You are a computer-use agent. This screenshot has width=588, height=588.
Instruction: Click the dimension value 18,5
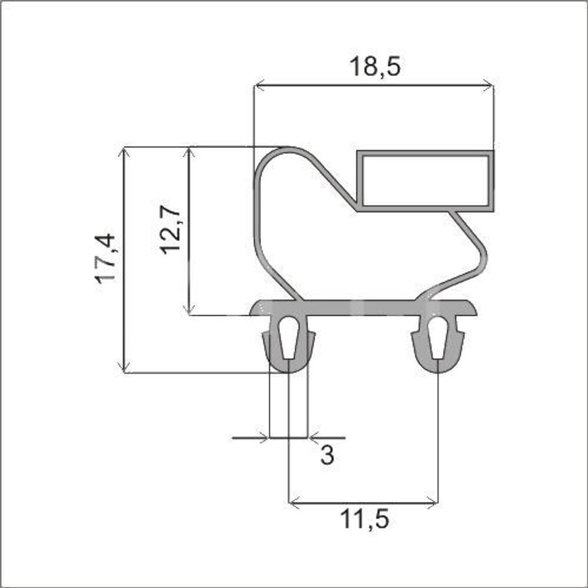[x=375, y=66]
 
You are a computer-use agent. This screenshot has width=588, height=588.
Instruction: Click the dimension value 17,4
[x=105, y=258]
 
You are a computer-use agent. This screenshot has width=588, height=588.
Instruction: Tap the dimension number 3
[x=327, y=455]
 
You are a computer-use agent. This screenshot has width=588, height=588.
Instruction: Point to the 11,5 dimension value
[x=365, y=519]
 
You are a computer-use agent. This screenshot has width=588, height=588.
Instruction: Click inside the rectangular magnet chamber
[x=425, y=181]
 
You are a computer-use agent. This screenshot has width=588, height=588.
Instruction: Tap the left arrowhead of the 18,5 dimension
[x=259, y=85]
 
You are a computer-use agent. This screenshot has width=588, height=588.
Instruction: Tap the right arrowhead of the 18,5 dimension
[x=488, y=85]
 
